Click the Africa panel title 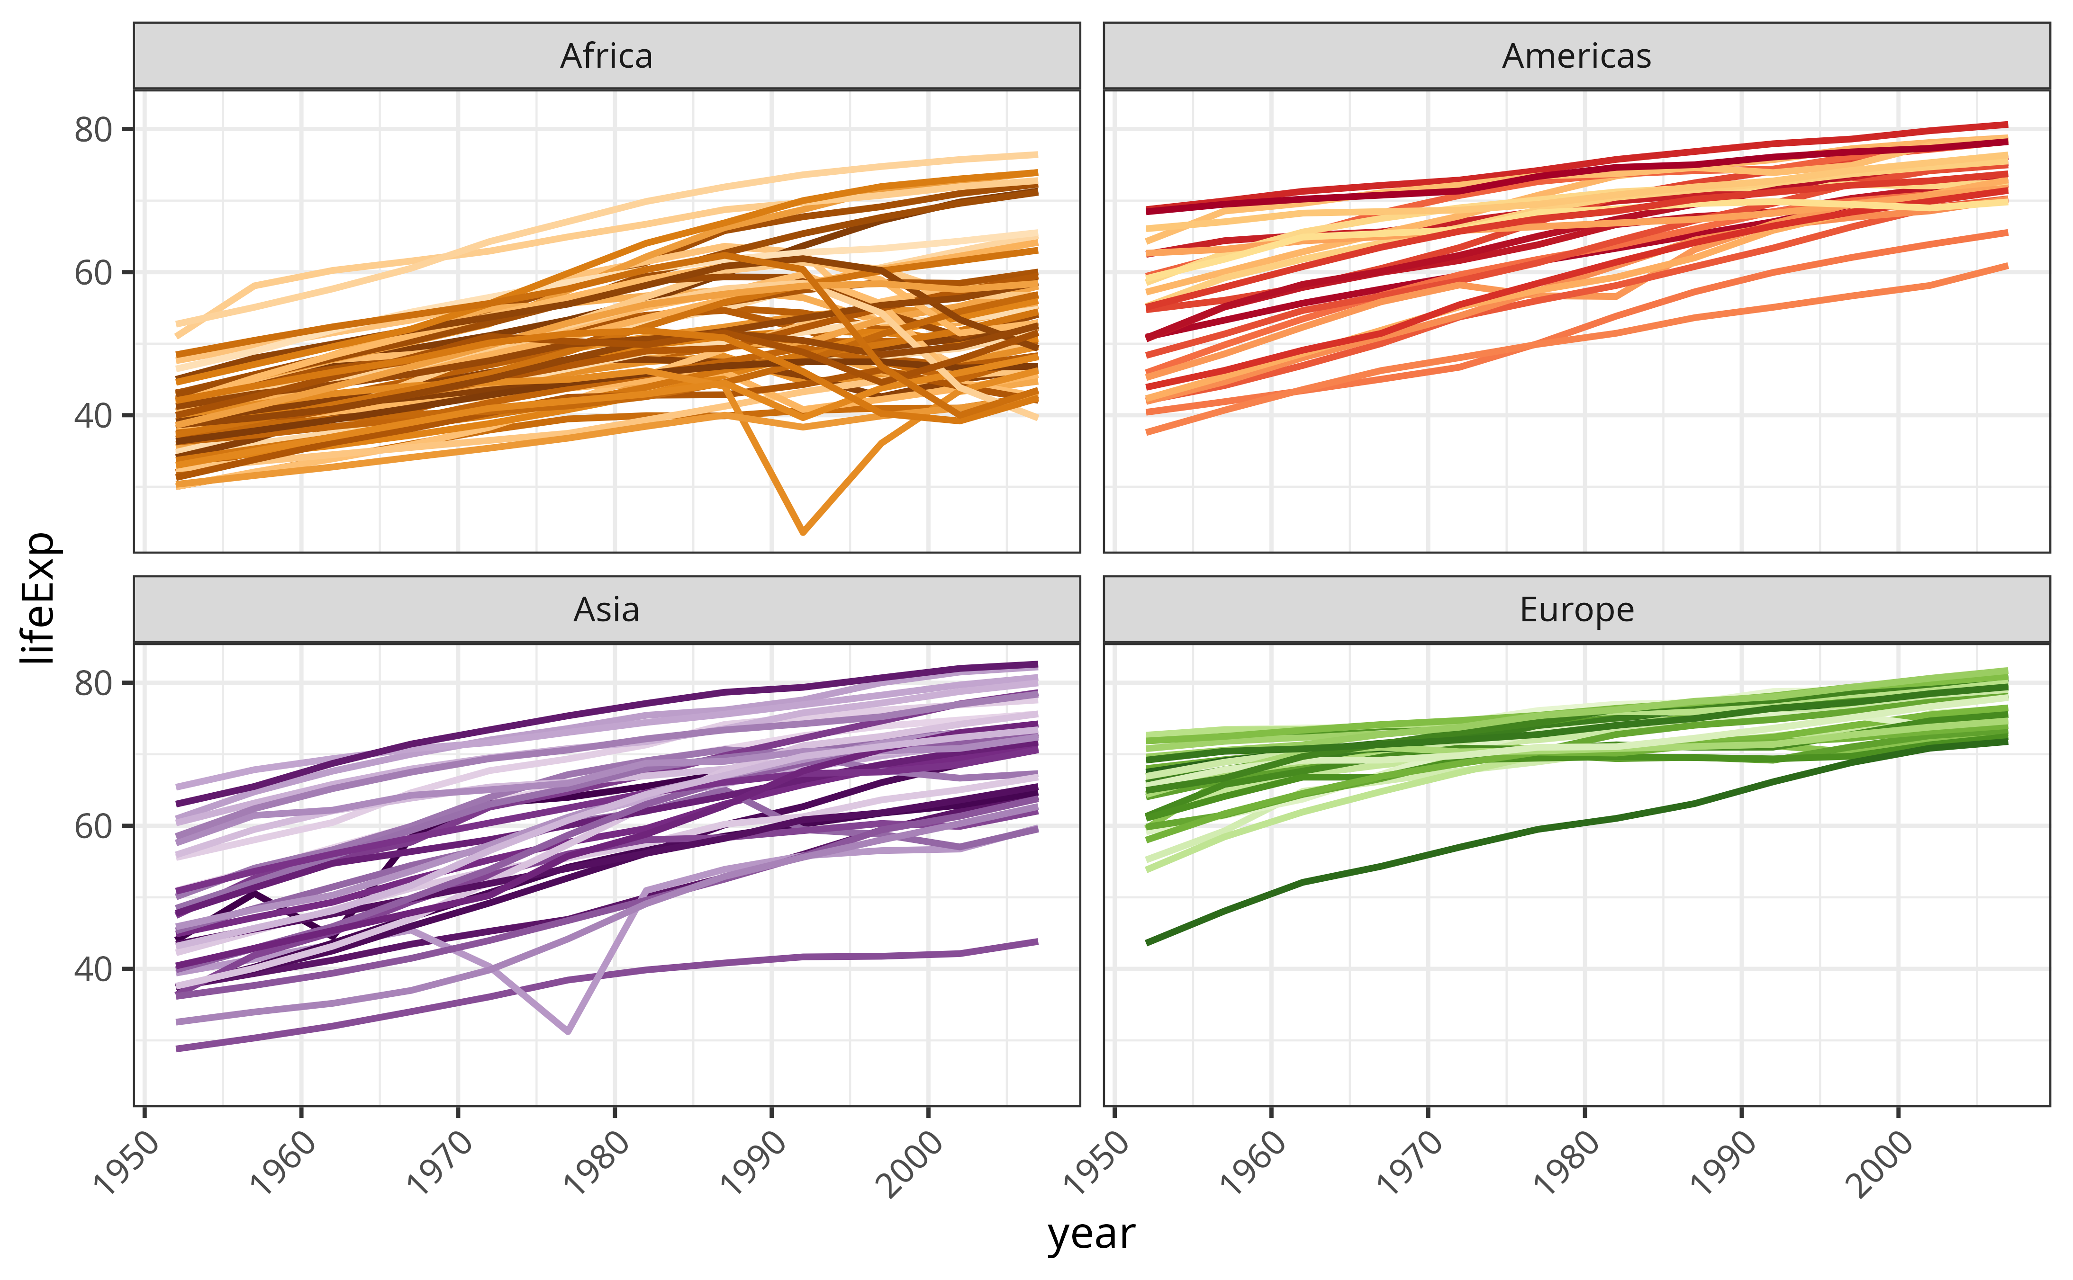(607, 56)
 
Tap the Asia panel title (607, 609)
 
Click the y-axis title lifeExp (39, 598)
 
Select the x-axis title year (1091, 1234)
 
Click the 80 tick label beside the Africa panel (93, 130)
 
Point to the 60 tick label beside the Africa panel (93, 273)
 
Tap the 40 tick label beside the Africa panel (93, 416)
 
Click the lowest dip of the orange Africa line (803, 532)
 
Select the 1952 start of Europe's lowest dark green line (1148, 943)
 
